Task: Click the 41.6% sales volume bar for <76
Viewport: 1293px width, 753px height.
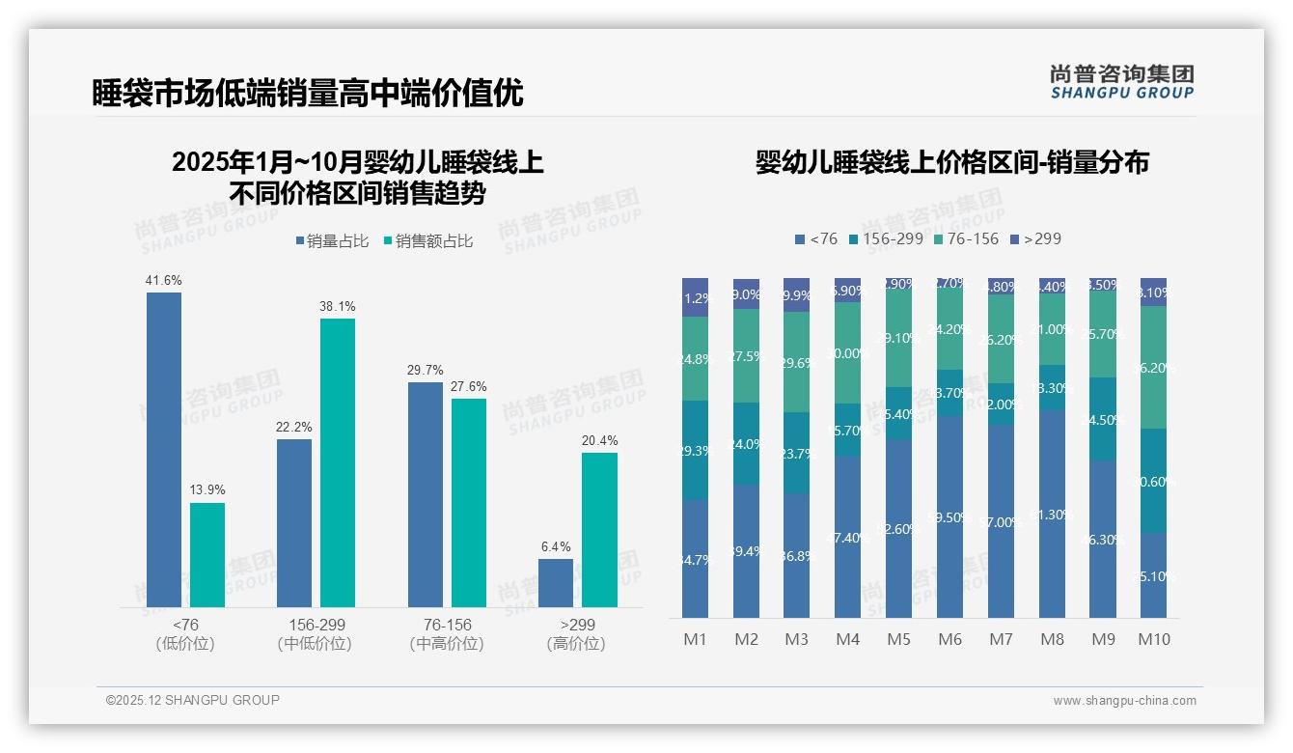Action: (x=164, y=449)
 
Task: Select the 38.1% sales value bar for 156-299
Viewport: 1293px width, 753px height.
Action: (x=338, y=462)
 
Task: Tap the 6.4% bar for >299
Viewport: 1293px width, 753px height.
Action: (x=556, y=583)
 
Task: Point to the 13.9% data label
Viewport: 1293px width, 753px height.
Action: (x=206, y=490)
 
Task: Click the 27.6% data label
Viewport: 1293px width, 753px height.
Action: (x=469, y=386)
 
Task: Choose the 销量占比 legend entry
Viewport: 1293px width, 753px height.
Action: (x=332, y=241)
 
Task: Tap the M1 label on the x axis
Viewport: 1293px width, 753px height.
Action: (x=695, y=639)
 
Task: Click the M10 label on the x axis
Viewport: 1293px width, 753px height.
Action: (x=1153, y=639)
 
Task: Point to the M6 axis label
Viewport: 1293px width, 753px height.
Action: (x=949, y=639)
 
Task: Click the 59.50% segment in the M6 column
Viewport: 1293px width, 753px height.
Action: (x=949, y=516)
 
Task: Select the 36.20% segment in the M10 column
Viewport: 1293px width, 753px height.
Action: (x=1153, y=368)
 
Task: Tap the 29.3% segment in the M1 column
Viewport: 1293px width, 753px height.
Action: (x=695, y=451)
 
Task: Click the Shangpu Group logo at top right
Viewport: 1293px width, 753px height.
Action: (x=1121, y=82)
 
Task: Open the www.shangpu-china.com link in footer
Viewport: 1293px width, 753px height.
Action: (x=1124, y=701)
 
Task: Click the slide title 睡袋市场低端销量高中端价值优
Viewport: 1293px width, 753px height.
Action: (x=307, y=93)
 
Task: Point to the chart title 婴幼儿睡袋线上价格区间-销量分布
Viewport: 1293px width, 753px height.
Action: (x=951, y=162)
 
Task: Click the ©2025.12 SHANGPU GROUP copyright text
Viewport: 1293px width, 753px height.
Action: (x=193, y=700)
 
